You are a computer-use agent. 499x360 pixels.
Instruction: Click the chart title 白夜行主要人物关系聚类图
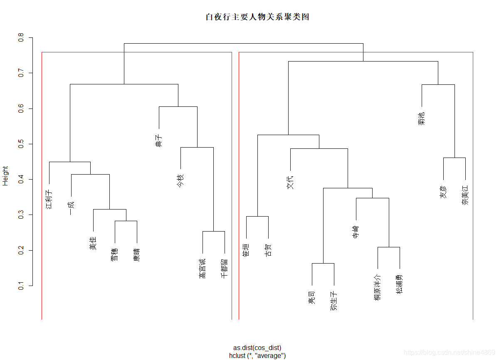click(x=257, y=17)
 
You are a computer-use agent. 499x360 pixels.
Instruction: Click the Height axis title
click(x=5, y=175)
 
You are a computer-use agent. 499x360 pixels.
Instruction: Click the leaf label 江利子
click(x=49, y=199)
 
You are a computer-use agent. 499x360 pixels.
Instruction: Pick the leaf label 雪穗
click(x=115, y=254)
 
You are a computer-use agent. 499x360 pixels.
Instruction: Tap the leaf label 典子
click(x=158, y=141)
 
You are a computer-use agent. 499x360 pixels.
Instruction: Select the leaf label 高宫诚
click(x=203, y=269)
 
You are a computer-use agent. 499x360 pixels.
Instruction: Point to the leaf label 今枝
click(x=180, y=181)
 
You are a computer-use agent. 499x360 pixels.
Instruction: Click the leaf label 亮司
click(x=312, y=298)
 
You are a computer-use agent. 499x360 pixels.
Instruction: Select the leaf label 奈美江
click(x=465, y=195)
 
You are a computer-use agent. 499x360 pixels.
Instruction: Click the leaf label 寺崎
click(x=356, y=232)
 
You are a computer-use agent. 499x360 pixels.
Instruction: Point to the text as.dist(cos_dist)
click(x=257, y=348)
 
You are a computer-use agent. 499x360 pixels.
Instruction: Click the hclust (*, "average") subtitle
click(x=257, y=355)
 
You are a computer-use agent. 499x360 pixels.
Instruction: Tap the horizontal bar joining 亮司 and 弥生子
click(x=323, y=263)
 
